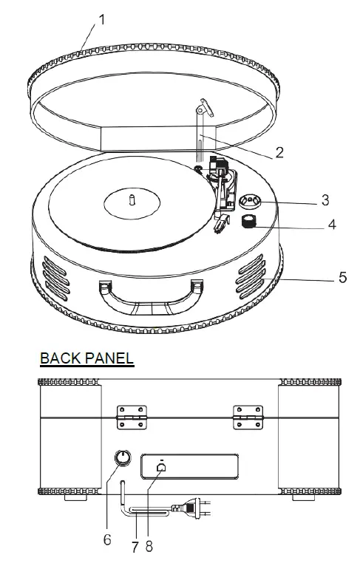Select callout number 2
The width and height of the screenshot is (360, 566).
[279, 153]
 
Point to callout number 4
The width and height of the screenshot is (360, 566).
[331, 225]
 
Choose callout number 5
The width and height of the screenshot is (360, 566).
[342, 277]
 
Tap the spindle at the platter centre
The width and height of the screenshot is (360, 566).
[131, 200]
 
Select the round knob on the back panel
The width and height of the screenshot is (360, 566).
[120, 462]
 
